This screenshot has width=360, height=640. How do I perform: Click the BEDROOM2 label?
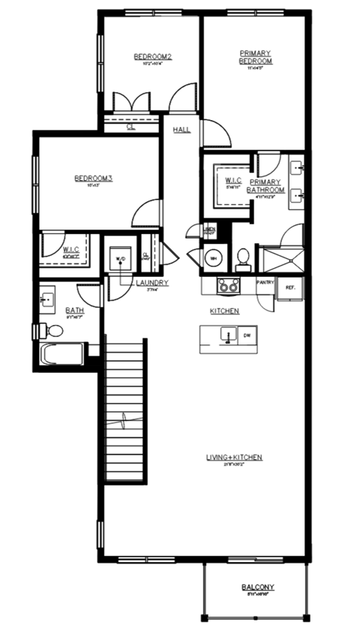pyautogui.click(x=153, y=56)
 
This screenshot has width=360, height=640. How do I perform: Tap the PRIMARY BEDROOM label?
pyautogui.click(x=255, y=57)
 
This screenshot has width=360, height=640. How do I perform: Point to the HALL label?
pyautogui.click(x=181, y=129)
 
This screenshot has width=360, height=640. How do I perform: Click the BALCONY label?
pyautogui.click(x=257, y=587)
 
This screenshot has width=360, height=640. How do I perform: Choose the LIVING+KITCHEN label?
pyautogui.click(x=234, y=458)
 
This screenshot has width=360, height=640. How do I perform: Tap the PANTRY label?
pyautogui.click(x=265, y=283)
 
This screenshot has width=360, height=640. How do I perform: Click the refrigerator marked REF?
pyautogui.click(x=290, y=288)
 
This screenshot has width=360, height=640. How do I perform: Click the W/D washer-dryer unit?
pyautogui.click(x=120, y=259)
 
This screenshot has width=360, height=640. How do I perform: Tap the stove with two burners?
pyautogui.click(x=227, y=286)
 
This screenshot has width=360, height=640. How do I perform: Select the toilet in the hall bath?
pyautogui.click(x=53, y=330)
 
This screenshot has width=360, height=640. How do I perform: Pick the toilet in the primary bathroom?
pyautogui.click(x=243, y=260)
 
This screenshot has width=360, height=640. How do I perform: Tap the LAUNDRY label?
pyautogui.click(x=152, y=283)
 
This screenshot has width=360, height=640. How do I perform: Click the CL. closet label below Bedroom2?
pyautogui.click(x=131, y=128)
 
